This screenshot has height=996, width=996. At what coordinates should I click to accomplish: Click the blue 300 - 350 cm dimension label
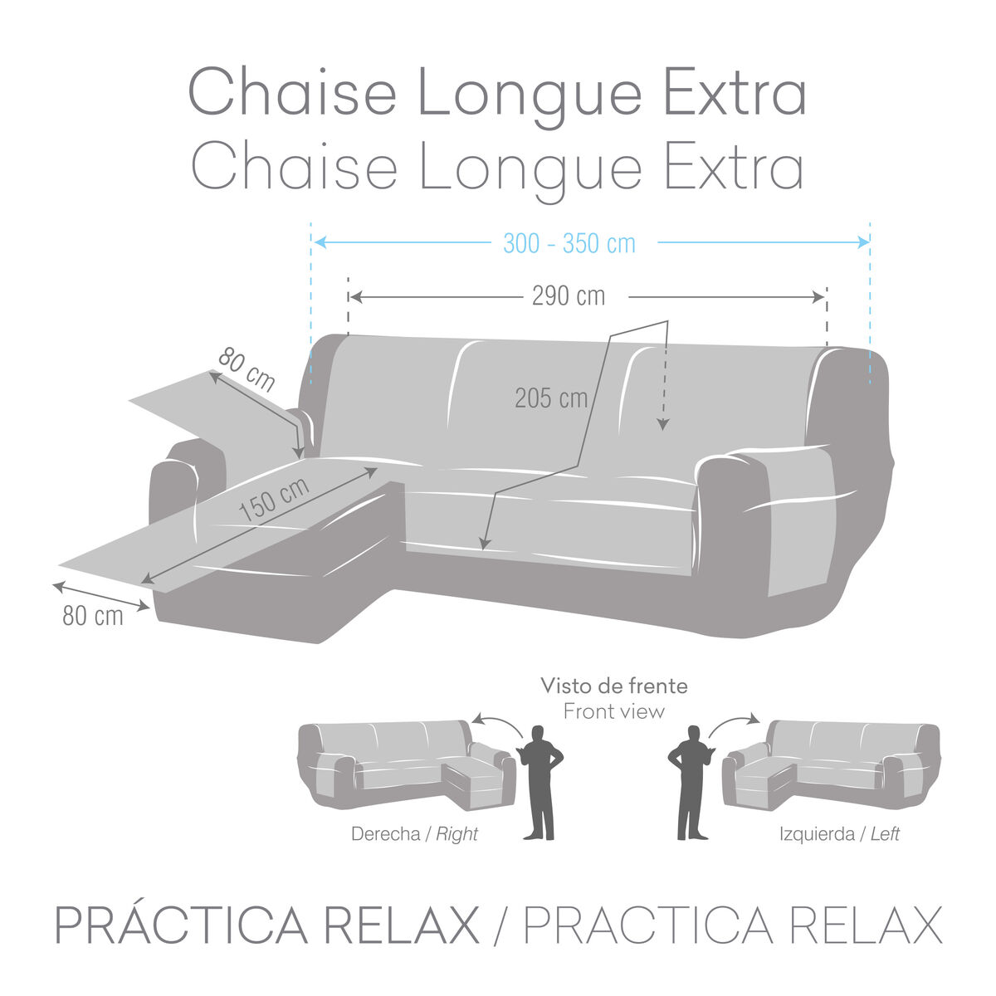569,243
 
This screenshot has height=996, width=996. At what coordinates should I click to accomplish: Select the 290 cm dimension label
569,296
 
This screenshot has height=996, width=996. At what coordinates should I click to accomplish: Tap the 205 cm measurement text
551,398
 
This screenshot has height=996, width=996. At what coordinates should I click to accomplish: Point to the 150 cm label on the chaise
274,499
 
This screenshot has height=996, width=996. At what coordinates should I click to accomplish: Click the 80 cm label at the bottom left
93,616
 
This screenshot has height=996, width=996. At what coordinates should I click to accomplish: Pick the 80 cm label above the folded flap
247,370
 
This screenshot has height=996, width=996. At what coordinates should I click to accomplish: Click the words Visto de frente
614,686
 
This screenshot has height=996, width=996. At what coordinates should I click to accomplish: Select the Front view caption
614,711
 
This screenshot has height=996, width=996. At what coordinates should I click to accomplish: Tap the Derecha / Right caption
414,833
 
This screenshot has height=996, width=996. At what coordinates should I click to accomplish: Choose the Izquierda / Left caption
839,833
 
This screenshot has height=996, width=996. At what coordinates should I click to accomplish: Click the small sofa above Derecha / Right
407,766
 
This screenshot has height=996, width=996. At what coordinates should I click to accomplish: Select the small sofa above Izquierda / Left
831,766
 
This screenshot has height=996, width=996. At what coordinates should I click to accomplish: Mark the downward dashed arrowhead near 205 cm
662,424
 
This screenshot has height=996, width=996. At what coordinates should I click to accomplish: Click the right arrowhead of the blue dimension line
864,242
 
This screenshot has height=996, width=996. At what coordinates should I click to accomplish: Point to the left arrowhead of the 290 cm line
355,297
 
